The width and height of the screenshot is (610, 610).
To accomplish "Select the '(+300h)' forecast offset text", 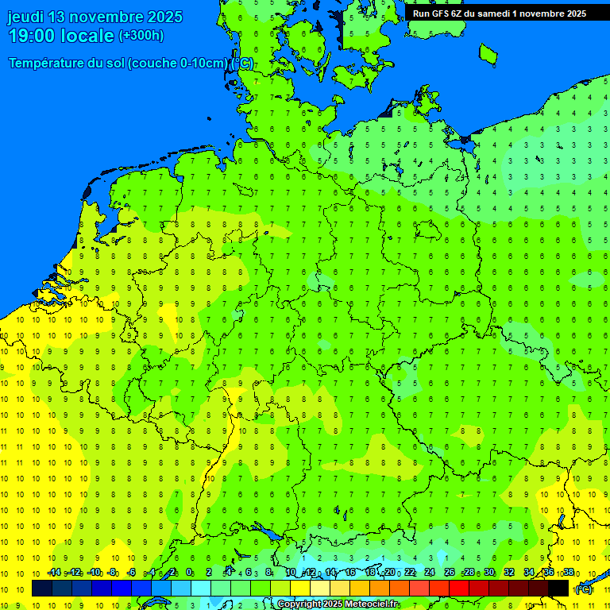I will (141, 36).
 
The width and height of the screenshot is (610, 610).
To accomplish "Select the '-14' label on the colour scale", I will (54, 573).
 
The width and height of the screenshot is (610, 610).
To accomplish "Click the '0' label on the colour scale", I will (189, 573).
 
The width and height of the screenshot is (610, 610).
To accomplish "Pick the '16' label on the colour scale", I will (350, 573).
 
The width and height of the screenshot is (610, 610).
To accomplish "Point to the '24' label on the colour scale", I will (430, 573).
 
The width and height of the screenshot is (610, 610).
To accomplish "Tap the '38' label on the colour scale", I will (569, 573).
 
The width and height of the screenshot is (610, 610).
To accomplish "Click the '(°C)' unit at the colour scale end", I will (583, 589).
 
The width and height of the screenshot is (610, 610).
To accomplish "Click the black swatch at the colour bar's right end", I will (558, 589).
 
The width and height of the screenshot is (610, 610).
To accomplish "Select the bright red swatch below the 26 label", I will (459, 589).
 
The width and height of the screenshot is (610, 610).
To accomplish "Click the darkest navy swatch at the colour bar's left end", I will (42, 589).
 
